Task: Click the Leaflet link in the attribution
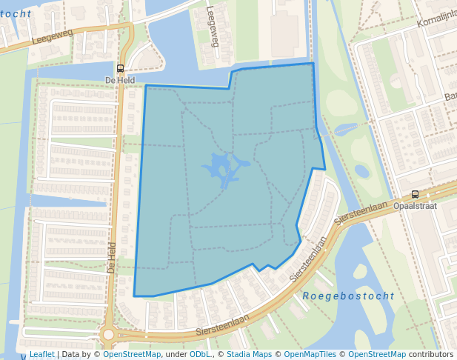point(41,355)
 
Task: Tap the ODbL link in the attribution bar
point(199,355)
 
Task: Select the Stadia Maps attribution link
point(249,355)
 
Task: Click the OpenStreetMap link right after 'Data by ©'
point(132,355)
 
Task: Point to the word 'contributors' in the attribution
point(431,355)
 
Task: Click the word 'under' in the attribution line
point(176,355)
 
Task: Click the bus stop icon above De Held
point(121,68)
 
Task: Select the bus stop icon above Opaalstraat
point(415,194)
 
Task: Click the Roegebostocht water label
point(348,296)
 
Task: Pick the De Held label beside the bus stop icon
point(119,79)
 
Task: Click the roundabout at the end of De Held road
point(108,335)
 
